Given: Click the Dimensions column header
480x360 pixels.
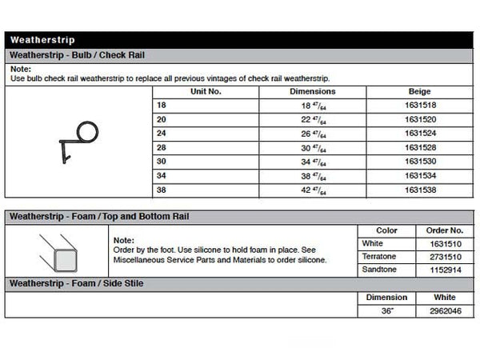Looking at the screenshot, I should tap(312, 92).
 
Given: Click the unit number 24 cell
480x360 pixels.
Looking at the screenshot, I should tap(162, 134).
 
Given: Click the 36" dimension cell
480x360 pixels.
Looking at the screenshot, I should tap(386, 310).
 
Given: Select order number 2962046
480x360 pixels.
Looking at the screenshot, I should tap(446, 310).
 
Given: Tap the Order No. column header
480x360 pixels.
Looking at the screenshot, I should tap(446, 230).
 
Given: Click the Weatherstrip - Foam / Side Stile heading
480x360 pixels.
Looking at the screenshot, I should tap(76, 284).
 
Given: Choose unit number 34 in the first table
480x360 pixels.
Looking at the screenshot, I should tap(162, 177).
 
